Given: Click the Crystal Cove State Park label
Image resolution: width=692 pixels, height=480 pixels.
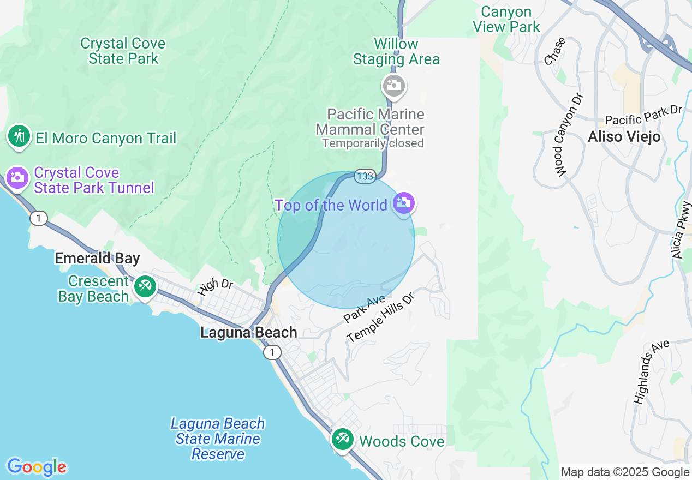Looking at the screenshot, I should [x=123, y=51].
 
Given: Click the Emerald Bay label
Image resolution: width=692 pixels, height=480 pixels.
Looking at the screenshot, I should [x=97, y=258].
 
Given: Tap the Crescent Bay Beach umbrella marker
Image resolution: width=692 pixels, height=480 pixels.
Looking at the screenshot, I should [x=145, y=286].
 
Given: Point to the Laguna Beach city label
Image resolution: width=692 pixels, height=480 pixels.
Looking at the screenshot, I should [x=249, y=332].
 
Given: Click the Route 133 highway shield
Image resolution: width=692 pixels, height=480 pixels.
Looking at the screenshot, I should [x=365, y=176].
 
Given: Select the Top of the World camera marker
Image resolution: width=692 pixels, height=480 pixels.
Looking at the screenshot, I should [x=404, y=203].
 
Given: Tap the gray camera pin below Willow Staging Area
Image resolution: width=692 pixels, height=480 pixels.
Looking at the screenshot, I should [x=393, y=86].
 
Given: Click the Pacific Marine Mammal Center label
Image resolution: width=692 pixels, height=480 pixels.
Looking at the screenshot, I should [x=370, y=122].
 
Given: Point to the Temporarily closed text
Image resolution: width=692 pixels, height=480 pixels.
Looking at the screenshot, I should [x=373, y=143].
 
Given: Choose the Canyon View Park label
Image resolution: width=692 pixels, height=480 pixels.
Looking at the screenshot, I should [x=506, y=19].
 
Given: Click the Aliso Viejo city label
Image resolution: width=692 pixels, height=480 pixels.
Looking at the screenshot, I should [x=624, y=136].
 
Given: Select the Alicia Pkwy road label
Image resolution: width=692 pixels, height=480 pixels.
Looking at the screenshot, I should [x=682, y=230].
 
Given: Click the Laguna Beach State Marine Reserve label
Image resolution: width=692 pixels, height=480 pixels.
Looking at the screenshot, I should [x=218, y=439].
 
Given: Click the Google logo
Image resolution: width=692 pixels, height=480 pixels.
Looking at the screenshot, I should [x=37, y=467].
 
